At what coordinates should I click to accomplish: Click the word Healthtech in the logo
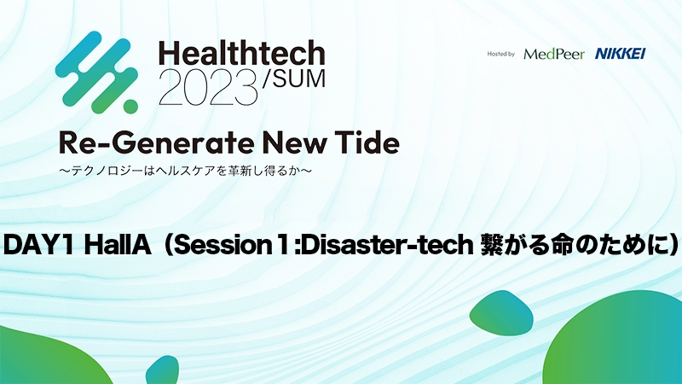[x=242, y=53]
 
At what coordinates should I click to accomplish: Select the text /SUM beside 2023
[x=294, y=79]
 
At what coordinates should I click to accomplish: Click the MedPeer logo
[x=554, y=54]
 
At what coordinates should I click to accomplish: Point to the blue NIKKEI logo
[x=621, y=54]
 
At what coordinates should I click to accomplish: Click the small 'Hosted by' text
[x=500, y=54]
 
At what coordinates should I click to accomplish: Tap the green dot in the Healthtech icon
[x=130, y=106]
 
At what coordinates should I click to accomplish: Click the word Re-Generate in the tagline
[x=158, y=143]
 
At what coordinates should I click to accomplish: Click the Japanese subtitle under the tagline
[x=185, y=171]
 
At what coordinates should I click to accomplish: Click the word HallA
[x=118, y=245]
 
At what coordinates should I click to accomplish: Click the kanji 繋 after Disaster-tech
[x=492, y=245]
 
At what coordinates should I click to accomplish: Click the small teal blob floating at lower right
[x=501, y=313]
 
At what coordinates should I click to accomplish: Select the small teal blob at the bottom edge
[x=162, y=370]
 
